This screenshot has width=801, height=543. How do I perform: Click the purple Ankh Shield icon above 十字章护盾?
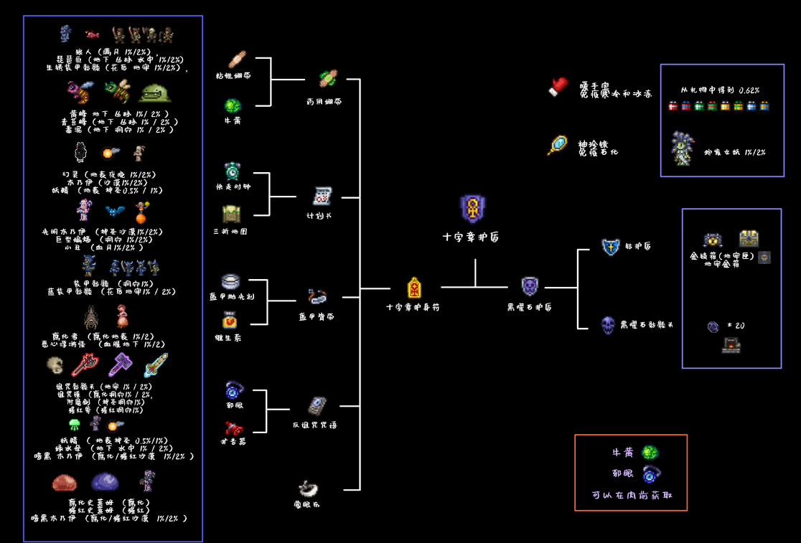tap(472, 209)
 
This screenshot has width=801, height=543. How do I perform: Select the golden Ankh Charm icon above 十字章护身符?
tap(414, 288)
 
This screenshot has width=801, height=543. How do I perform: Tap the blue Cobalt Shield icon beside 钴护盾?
tap(610, 247)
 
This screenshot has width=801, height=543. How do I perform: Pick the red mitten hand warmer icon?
tap(558, 87)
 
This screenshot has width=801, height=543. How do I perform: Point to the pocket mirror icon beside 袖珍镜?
tap(557, 146)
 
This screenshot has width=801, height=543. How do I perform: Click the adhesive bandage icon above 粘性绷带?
tap(236, 59)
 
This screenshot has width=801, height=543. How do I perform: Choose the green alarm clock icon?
tap(233, 171)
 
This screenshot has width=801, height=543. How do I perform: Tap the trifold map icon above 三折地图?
tap(231, 213)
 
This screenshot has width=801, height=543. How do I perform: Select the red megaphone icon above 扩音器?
tap(233, 428)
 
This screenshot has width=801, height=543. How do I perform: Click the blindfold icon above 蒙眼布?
tap(309, 488)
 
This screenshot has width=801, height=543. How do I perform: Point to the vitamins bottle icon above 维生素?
tap(230, 320)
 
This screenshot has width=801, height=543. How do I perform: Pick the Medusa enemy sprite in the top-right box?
tap(683, 148)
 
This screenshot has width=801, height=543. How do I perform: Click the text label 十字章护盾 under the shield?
tap(471, 237)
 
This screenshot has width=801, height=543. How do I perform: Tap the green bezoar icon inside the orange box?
tap(650, 453)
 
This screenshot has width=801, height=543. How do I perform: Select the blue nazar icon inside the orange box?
tap(650, 474)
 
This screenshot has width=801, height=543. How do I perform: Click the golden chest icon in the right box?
tap(749, 238)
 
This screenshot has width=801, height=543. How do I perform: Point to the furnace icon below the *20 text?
tap(731, 346)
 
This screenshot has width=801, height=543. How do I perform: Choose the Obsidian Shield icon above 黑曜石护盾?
tap(530, 286)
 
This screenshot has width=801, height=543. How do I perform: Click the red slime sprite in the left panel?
tap(64, 482)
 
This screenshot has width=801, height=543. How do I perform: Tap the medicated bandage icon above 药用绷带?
tap(328, 78)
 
